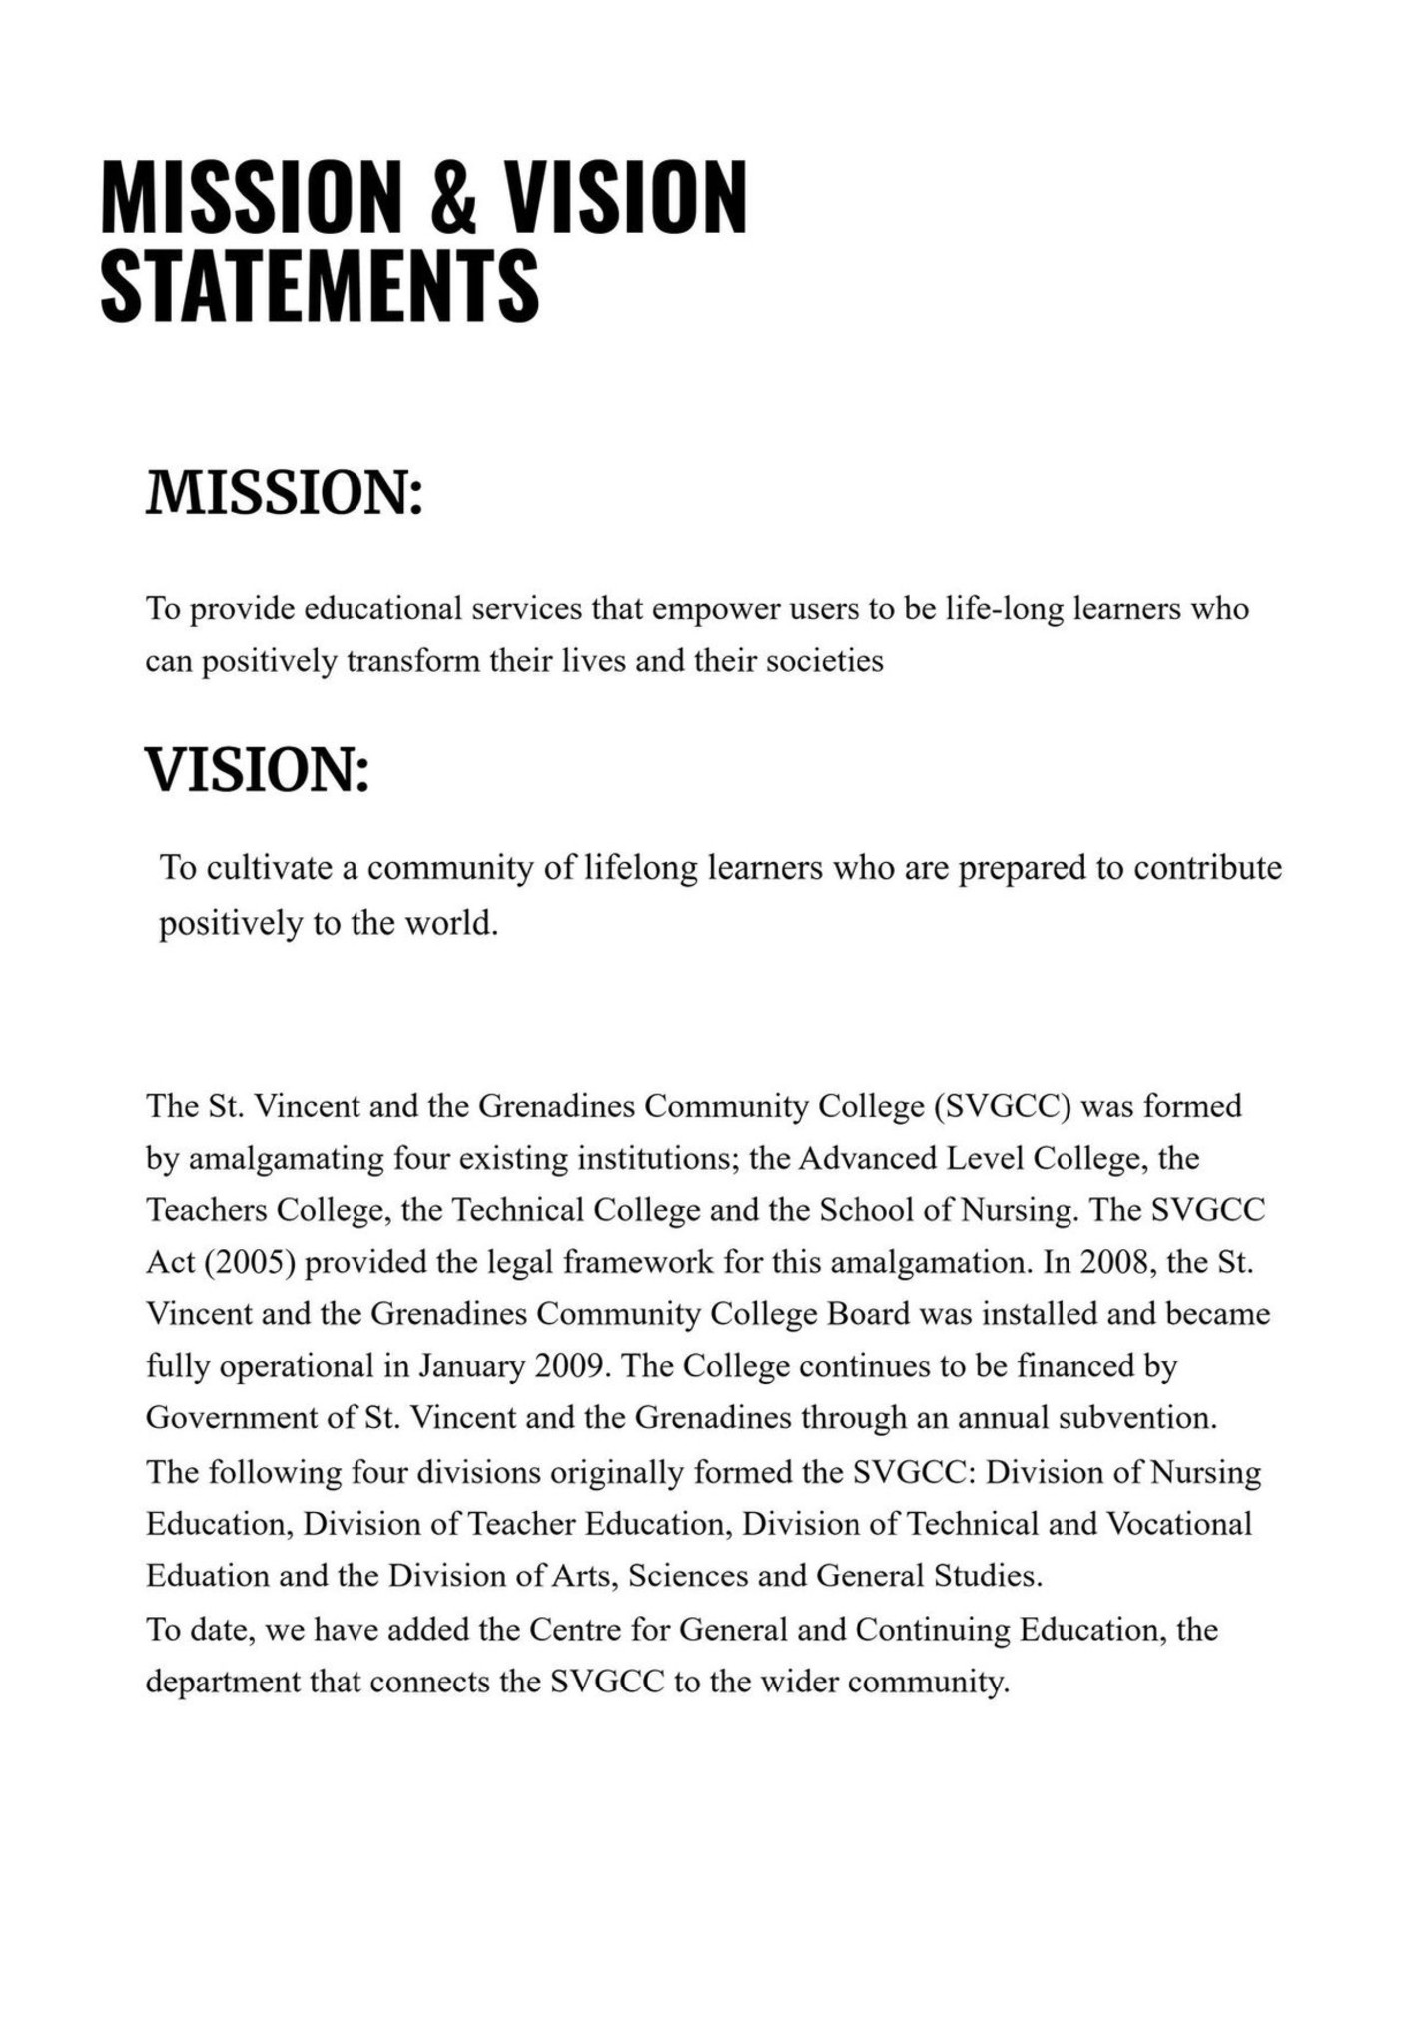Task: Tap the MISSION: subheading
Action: point(285,494)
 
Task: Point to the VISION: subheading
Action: point(258,771)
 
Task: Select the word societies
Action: point(824,661)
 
